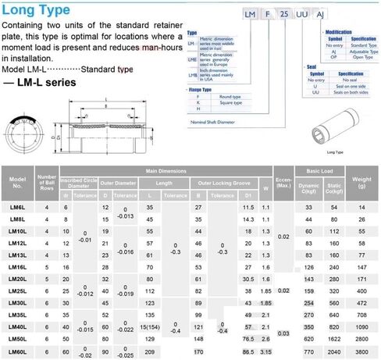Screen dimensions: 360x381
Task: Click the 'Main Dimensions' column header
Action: (164, 170)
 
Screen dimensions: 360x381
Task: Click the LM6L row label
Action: (17, 207)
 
